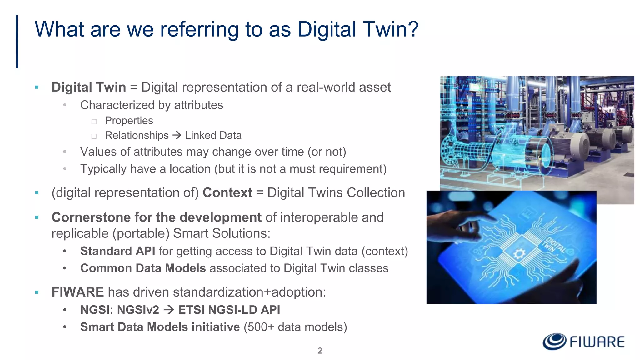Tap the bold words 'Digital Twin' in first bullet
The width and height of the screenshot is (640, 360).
(89, 87)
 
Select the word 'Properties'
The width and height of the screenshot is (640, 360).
(129, 121)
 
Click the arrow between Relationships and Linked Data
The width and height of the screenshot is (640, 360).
(177, 135)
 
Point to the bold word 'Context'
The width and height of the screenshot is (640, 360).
(227, 193)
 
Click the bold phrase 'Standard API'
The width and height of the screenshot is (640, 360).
(117, 251)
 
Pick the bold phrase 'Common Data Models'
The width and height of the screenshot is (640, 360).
(143, 268)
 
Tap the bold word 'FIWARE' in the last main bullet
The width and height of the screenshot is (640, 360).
(77, 292)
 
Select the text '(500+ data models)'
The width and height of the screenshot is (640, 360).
(295, 327)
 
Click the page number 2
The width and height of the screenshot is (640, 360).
(320, 351)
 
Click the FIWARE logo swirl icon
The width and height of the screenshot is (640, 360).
(554, 341)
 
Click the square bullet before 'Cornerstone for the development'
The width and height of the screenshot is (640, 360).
(37, 217)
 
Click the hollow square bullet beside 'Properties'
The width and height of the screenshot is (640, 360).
(94, 122)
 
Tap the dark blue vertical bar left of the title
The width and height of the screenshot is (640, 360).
(17, 41)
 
